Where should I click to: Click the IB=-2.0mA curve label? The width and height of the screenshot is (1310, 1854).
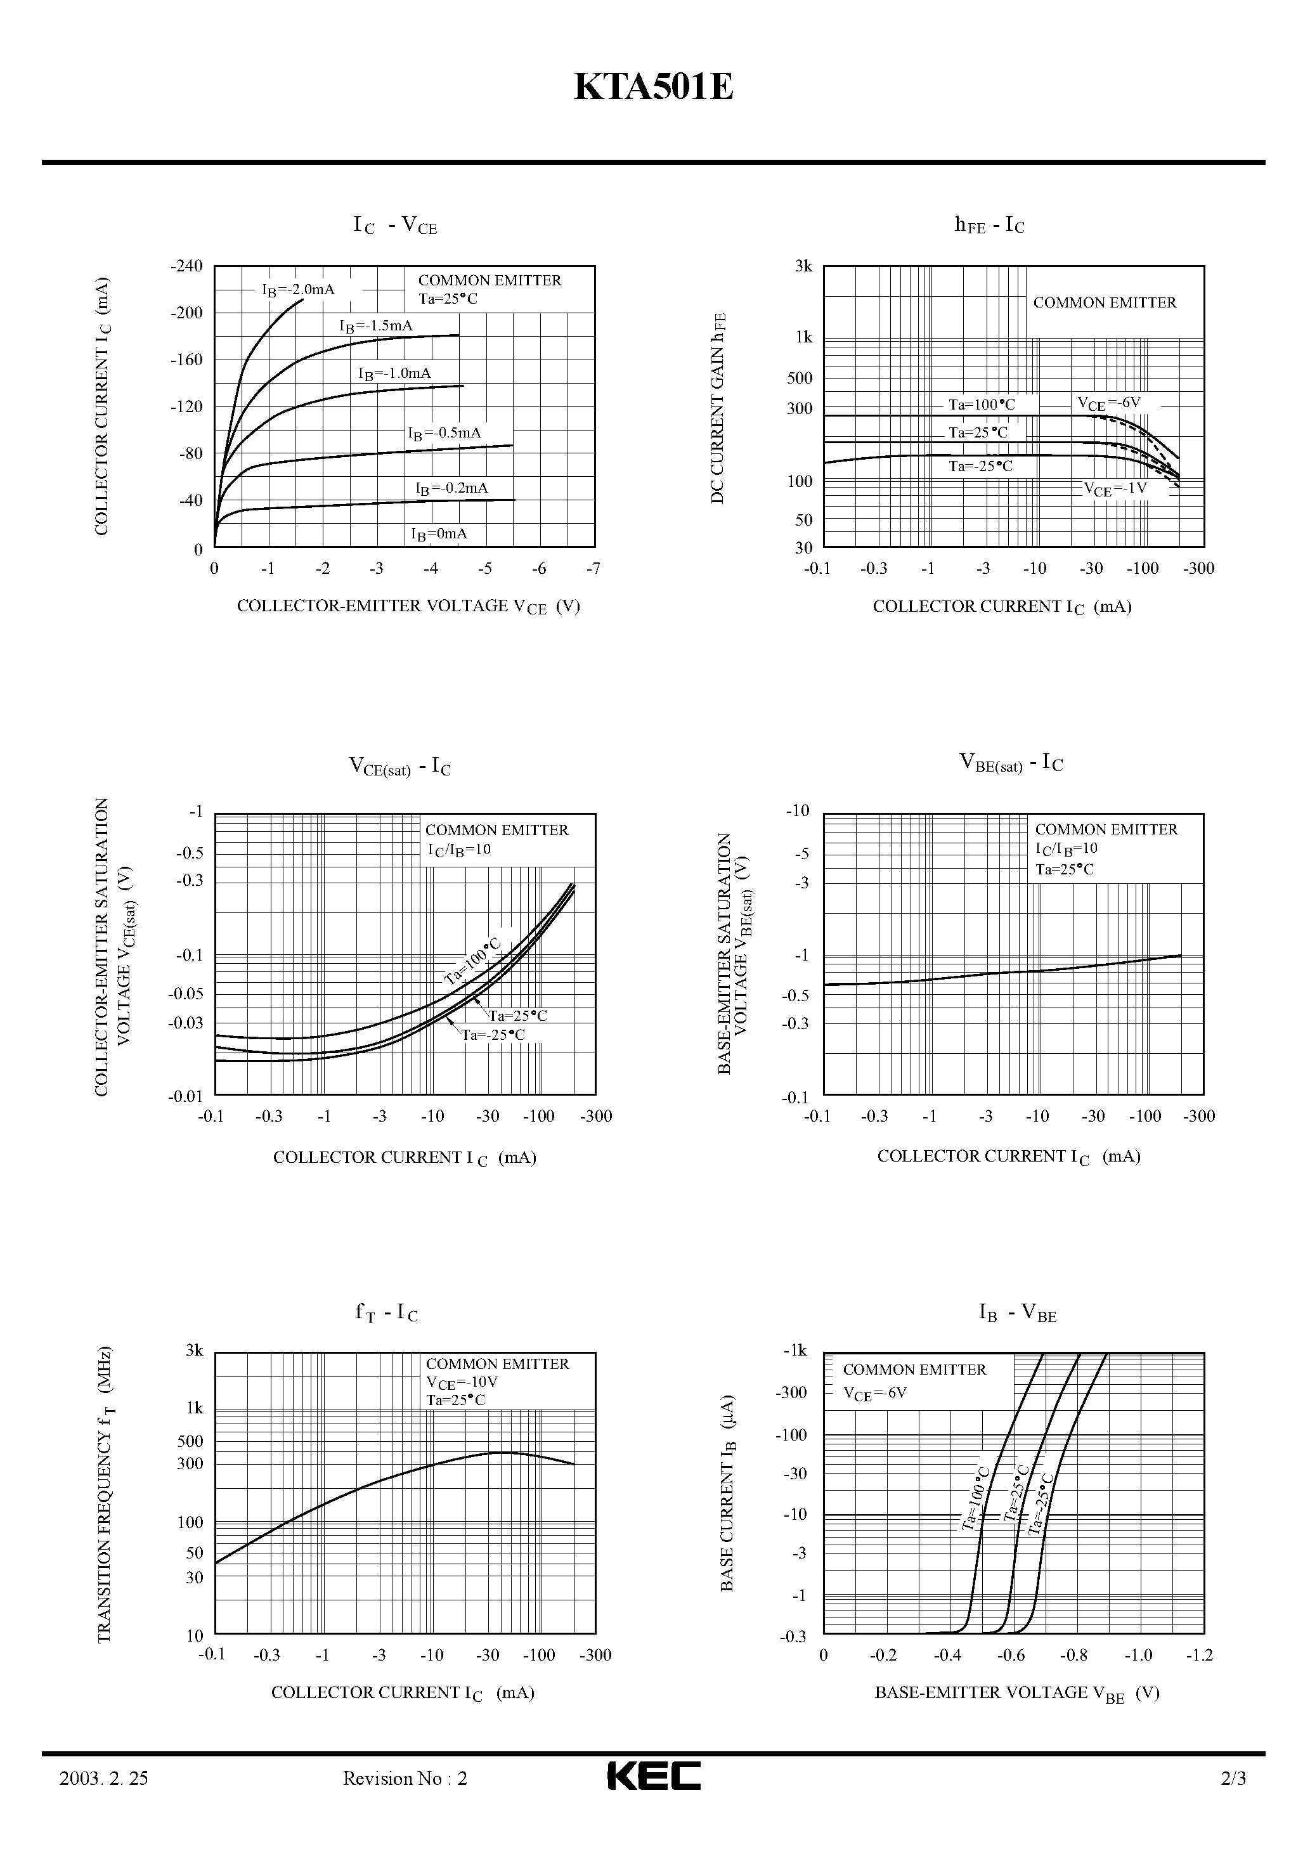click(x=298, y=290)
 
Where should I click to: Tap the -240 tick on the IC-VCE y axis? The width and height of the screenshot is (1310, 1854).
click(x=186, y=266)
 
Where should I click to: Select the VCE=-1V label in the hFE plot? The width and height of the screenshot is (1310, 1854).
click(x=1115, y=488)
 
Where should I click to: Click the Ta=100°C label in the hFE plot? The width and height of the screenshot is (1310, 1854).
click(x=982, y=405)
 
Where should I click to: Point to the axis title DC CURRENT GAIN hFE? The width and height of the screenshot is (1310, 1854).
click(x=718, y=408)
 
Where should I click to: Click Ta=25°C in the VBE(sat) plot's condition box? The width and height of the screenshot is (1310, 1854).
click(x=1065, y=870)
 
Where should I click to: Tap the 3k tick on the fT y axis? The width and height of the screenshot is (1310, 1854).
click(x=194, y=1350)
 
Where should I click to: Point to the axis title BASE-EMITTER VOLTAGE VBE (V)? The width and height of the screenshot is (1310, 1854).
click(x=1017, y=1694)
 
